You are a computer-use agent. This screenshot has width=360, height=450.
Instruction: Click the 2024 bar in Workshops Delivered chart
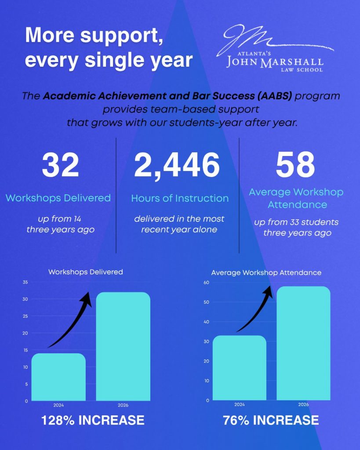point(58,377)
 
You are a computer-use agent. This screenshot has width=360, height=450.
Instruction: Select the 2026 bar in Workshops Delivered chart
point(123,346)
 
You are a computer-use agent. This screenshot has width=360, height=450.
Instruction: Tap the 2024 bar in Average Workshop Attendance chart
point(240,368)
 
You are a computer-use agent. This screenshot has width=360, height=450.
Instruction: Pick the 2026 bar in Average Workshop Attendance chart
point(303,343)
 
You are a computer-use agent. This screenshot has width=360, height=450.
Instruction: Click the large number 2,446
point(177,165)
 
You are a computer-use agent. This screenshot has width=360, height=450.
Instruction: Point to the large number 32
point(60,165)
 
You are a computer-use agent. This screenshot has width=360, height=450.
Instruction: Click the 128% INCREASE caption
point(93,420)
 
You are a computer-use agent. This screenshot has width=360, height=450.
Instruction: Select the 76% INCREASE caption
point(271,420)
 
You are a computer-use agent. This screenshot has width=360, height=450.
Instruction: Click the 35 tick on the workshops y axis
point(25,283)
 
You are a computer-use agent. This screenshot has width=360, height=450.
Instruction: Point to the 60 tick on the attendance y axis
point(207,283)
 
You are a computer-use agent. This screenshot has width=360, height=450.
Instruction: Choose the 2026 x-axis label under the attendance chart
point(303,404)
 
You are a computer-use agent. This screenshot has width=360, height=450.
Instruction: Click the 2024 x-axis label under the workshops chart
point(58,405)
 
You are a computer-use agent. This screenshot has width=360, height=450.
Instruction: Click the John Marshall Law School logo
point(275,48)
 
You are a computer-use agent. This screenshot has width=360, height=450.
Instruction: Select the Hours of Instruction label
point(180,198)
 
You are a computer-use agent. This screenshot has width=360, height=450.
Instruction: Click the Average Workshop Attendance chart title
point(266,272)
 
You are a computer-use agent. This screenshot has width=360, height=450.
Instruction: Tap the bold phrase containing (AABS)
point(167,96)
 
